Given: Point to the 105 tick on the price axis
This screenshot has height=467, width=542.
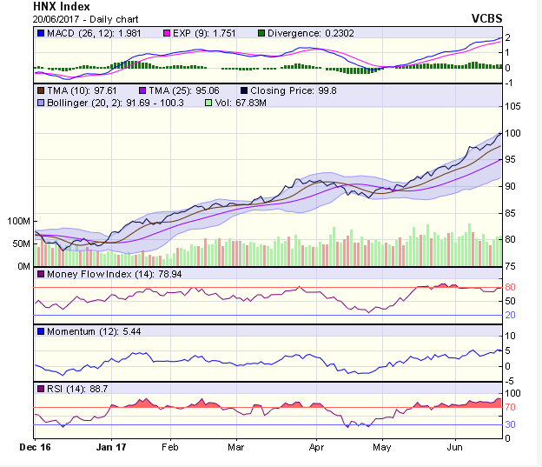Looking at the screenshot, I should pyautogui.click(x=513, y=106).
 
